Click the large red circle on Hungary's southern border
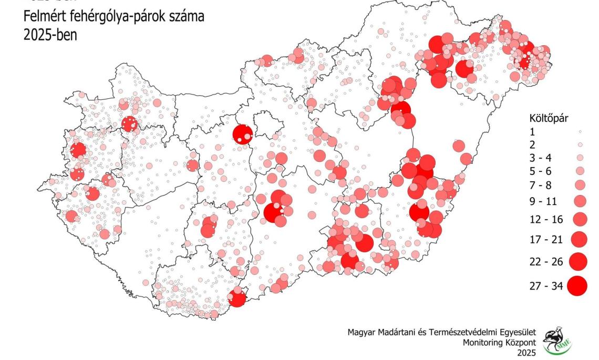(x=237, y=299)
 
